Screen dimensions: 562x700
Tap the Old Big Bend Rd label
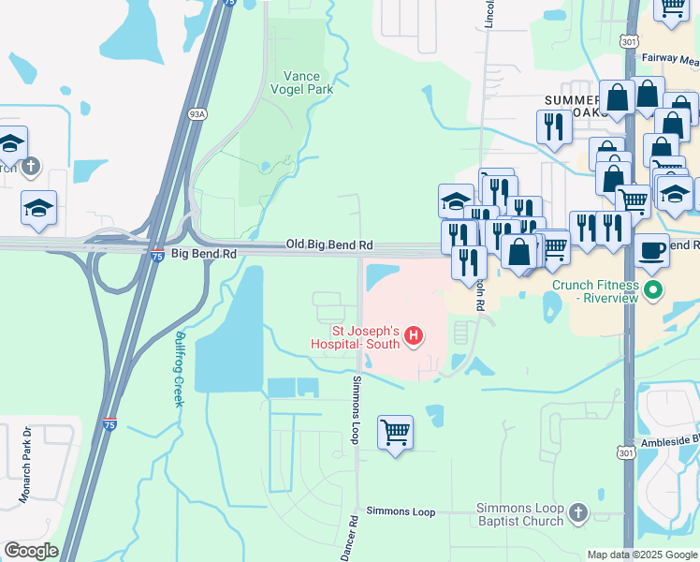click(x=328, y=244)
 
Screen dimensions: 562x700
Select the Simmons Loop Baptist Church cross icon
click(x=578, y=512)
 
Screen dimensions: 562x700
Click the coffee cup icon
click(x=651, y=251)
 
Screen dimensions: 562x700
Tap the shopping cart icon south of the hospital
click(x=396, y=433)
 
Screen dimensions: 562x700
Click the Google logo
click(x=32, y=551)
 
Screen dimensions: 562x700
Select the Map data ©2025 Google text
click(x=642, y=555)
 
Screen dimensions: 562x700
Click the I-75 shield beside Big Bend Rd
click(x=157, y=253)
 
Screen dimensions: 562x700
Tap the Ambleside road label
click(x=670, y=440)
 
